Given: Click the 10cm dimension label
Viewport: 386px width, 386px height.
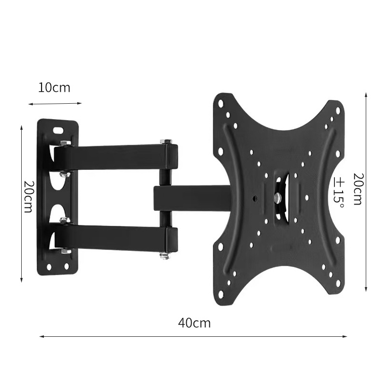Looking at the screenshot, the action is point(54,88).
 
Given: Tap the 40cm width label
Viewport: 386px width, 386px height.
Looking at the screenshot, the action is point(194,323).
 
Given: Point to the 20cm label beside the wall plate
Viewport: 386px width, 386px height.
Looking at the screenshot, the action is point(28,197).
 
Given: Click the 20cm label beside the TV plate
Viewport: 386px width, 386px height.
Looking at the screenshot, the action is point(358,189).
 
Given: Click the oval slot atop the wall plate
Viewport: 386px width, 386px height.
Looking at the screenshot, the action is point(58,129).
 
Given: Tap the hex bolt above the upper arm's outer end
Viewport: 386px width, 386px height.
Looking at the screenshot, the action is point(165,141).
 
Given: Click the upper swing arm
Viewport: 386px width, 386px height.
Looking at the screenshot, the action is point(116,158).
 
